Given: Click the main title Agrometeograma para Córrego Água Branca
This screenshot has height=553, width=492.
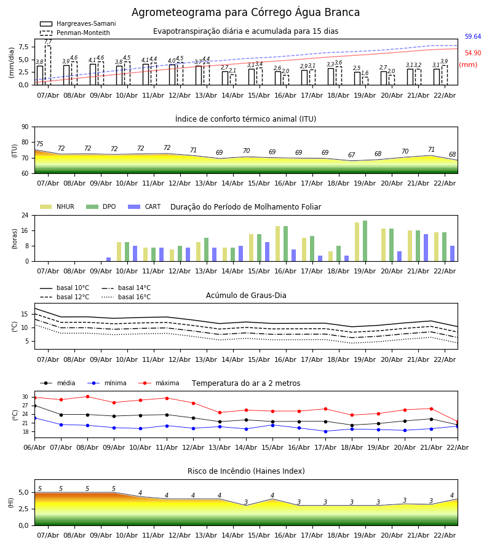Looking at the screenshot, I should tap(245, 13).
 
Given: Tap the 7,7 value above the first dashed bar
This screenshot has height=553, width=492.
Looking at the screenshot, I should tap(48, 42).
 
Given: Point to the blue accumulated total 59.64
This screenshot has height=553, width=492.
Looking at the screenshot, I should tap(473, 37).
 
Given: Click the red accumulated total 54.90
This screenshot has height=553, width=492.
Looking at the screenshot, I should tap(473, 53).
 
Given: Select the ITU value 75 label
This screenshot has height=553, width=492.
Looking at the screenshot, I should tap(40, 144).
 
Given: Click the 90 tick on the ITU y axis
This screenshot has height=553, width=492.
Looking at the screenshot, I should tap(25, 127).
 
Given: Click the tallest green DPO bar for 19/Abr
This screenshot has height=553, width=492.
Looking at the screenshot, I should tap(365, 241).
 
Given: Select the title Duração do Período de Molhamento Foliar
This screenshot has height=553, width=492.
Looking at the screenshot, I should tap(245, 207).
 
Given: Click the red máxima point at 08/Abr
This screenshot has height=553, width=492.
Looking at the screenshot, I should tap(87, 396).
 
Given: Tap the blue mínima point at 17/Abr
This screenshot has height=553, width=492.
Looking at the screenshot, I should tap(325, 431).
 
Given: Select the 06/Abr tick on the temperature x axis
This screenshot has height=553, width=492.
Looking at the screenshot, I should tap(34, 447).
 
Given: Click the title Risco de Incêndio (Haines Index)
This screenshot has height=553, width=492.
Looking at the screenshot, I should tap(245, 471).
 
